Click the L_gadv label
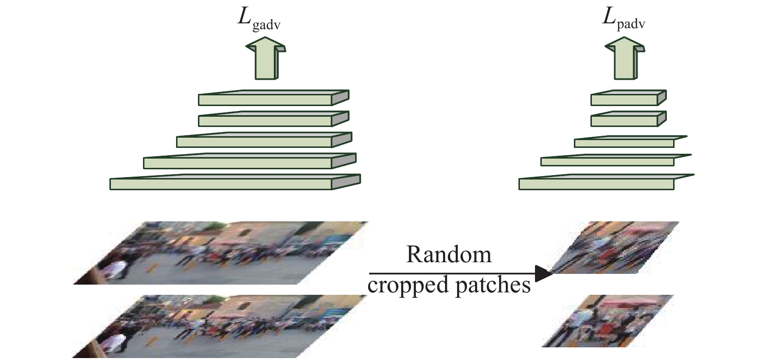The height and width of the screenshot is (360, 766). [259, 20]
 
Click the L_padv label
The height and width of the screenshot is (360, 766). [623, 20]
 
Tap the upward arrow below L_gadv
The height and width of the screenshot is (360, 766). [266, 58]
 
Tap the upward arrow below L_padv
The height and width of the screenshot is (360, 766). [625, 58]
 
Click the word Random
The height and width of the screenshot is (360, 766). [448, 254]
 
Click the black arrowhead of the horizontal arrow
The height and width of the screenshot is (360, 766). [544, 273]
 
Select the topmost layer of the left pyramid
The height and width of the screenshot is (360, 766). [273, 98]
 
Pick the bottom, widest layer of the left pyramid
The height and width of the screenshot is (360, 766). [235, 182]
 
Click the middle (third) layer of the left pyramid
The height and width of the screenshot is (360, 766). [264, 140]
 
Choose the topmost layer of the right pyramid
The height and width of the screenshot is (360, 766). [628, 98]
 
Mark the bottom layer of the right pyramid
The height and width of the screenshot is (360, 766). [606, 182]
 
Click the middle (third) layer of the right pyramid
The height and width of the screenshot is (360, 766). [631, 142]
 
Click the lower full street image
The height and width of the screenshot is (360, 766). [219, 326]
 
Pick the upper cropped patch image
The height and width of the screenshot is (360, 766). [613, 248]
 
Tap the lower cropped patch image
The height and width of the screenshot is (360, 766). [607, 321]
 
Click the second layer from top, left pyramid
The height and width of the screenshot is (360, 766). [273, 119]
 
